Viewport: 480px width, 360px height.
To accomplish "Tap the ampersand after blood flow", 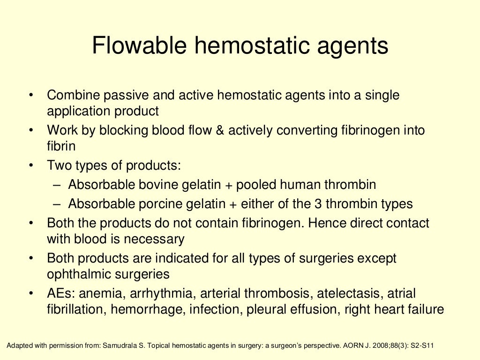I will click(219, 130).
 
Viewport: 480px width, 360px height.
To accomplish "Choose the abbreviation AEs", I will click(60, 294).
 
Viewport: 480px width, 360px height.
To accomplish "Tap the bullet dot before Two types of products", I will click(31, 165).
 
